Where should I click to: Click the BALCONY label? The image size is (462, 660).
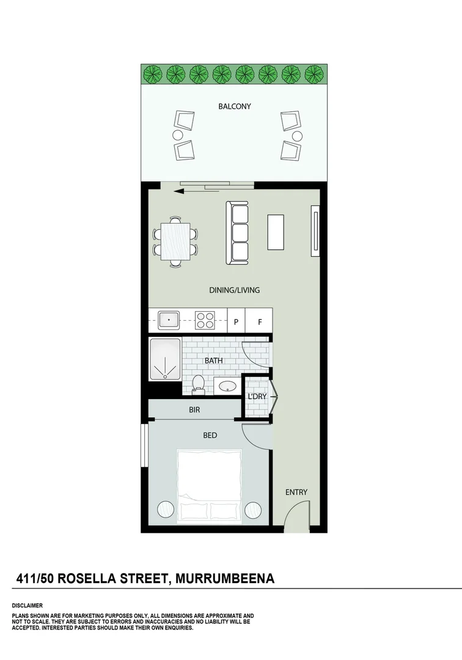(x=235, y=106)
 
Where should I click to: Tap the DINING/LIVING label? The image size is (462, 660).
(x=235, y=290)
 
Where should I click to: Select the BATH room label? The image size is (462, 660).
(x=213, y=361)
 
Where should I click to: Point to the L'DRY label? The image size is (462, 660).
(x=257, y=397)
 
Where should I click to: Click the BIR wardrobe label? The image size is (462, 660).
(x=194, y=411)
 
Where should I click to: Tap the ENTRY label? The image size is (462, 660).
(x=296, y=492)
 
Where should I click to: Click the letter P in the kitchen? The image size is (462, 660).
(x=236, y=321)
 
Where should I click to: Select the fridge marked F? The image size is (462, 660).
(x=259, y=321)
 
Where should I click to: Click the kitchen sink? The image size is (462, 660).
(x=169, y=319)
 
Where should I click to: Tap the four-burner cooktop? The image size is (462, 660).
(x=204, y=319)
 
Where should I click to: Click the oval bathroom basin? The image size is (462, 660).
(x=229, y=386)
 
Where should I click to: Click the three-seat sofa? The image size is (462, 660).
(x=238, y=233)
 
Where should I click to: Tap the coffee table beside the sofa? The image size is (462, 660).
(x=276, y=232)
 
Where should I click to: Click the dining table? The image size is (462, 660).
(x=176, y=241)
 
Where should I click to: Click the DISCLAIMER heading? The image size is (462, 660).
(x=27, y=605)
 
